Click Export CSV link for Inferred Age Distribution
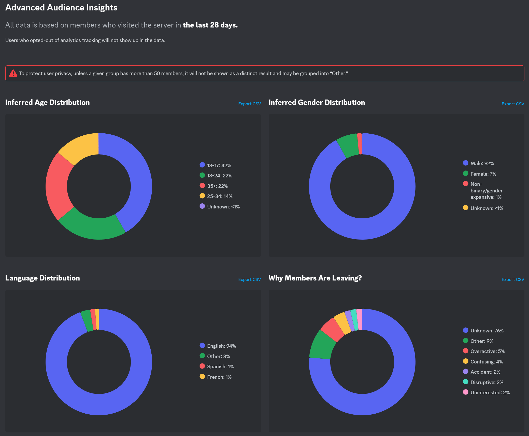point(249,104)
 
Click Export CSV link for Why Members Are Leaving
point(512,279)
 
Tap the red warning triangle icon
point(13,73)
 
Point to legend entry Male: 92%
point(482,163)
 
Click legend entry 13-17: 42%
point(219,165)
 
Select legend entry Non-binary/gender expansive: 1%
point(486,190)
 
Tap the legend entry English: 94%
point(221,346)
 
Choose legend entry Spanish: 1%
point(220,367)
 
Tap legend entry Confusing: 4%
point(486,362)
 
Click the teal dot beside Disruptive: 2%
point(465,382)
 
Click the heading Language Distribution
point(42,278)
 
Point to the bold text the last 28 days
point(210,25)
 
